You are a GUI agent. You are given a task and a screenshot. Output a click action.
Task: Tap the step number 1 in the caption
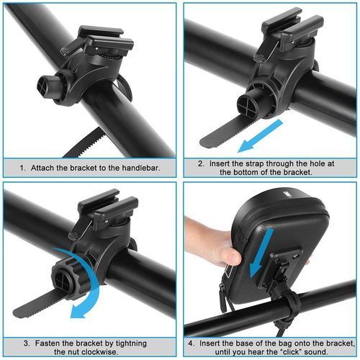click(x=22, y=168)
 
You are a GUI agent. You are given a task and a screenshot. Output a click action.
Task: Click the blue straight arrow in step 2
click(x=260, y=136)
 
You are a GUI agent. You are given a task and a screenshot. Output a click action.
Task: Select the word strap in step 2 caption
click(x=255, y=163)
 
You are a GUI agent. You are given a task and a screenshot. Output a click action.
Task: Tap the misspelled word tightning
click(x=131, y=343)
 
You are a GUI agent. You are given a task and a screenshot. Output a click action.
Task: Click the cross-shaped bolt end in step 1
click(x=44, y=87)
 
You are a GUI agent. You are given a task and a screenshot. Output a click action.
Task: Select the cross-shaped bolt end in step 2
click(x=246, y=105)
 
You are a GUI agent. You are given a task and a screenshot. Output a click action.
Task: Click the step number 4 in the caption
click(x=191, y=343)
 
